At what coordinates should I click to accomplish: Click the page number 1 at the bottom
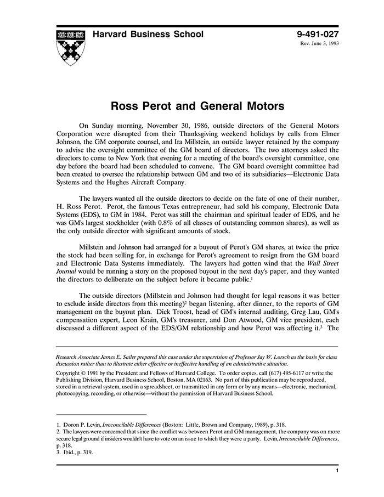(336, 471)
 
